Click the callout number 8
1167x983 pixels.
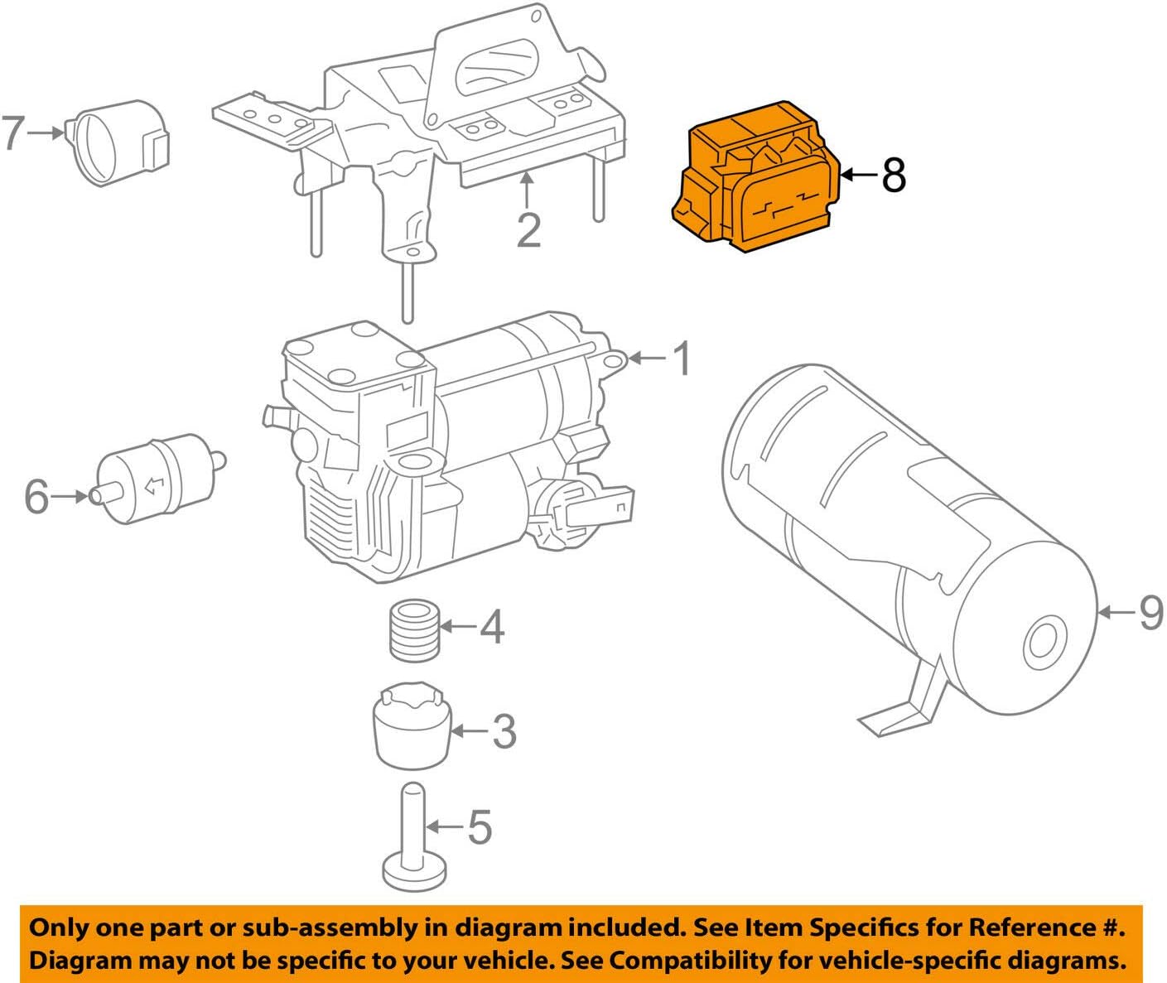pyautogui.click(x=893, y=176)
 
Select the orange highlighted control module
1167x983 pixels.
pyautogui.click(x=754, y=177)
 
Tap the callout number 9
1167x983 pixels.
pyautogui.click(x=1150, y=613)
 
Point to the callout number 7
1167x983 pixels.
pyautogui.click(x=13, y=133)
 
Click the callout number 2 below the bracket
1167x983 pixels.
pyautogui.click(x=528, y=230)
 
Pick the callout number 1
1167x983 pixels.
pyautogui.click(x=681, y=359)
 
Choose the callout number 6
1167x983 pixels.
pyautogui.click(x=36, y=497)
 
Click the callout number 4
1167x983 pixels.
pyautogui.click(x=492, y=627)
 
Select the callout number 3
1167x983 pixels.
pyautogui.click(x=504, y=731)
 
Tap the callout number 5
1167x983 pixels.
pyautogui.click(x=480, y=826)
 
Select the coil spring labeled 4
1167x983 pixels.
pyautogui.click(x=414, y=632)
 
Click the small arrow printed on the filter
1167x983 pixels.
pyautogui.click(x=154, y=487)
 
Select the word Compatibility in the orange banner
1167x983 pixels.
pyautogui.click(x=682, y=961)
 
